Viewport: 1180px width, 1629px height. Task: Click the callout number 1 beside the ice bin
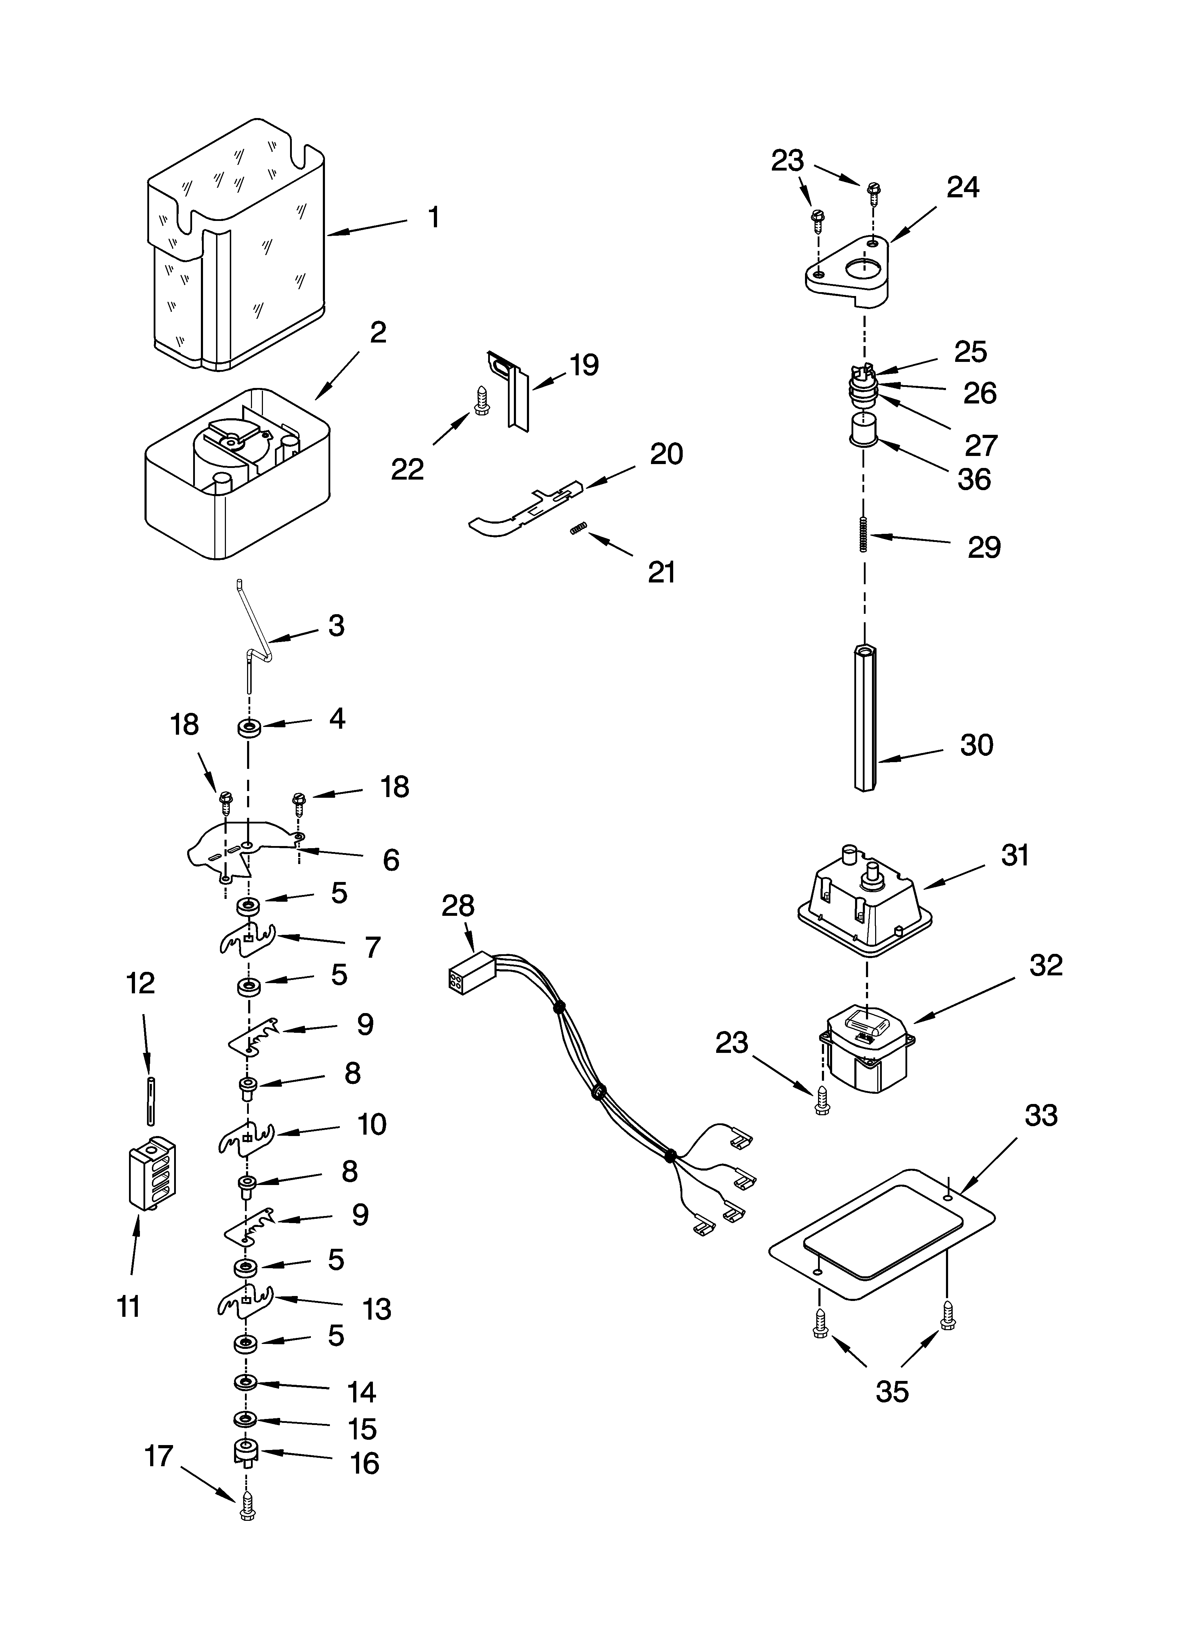click(x=434, y=217)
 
